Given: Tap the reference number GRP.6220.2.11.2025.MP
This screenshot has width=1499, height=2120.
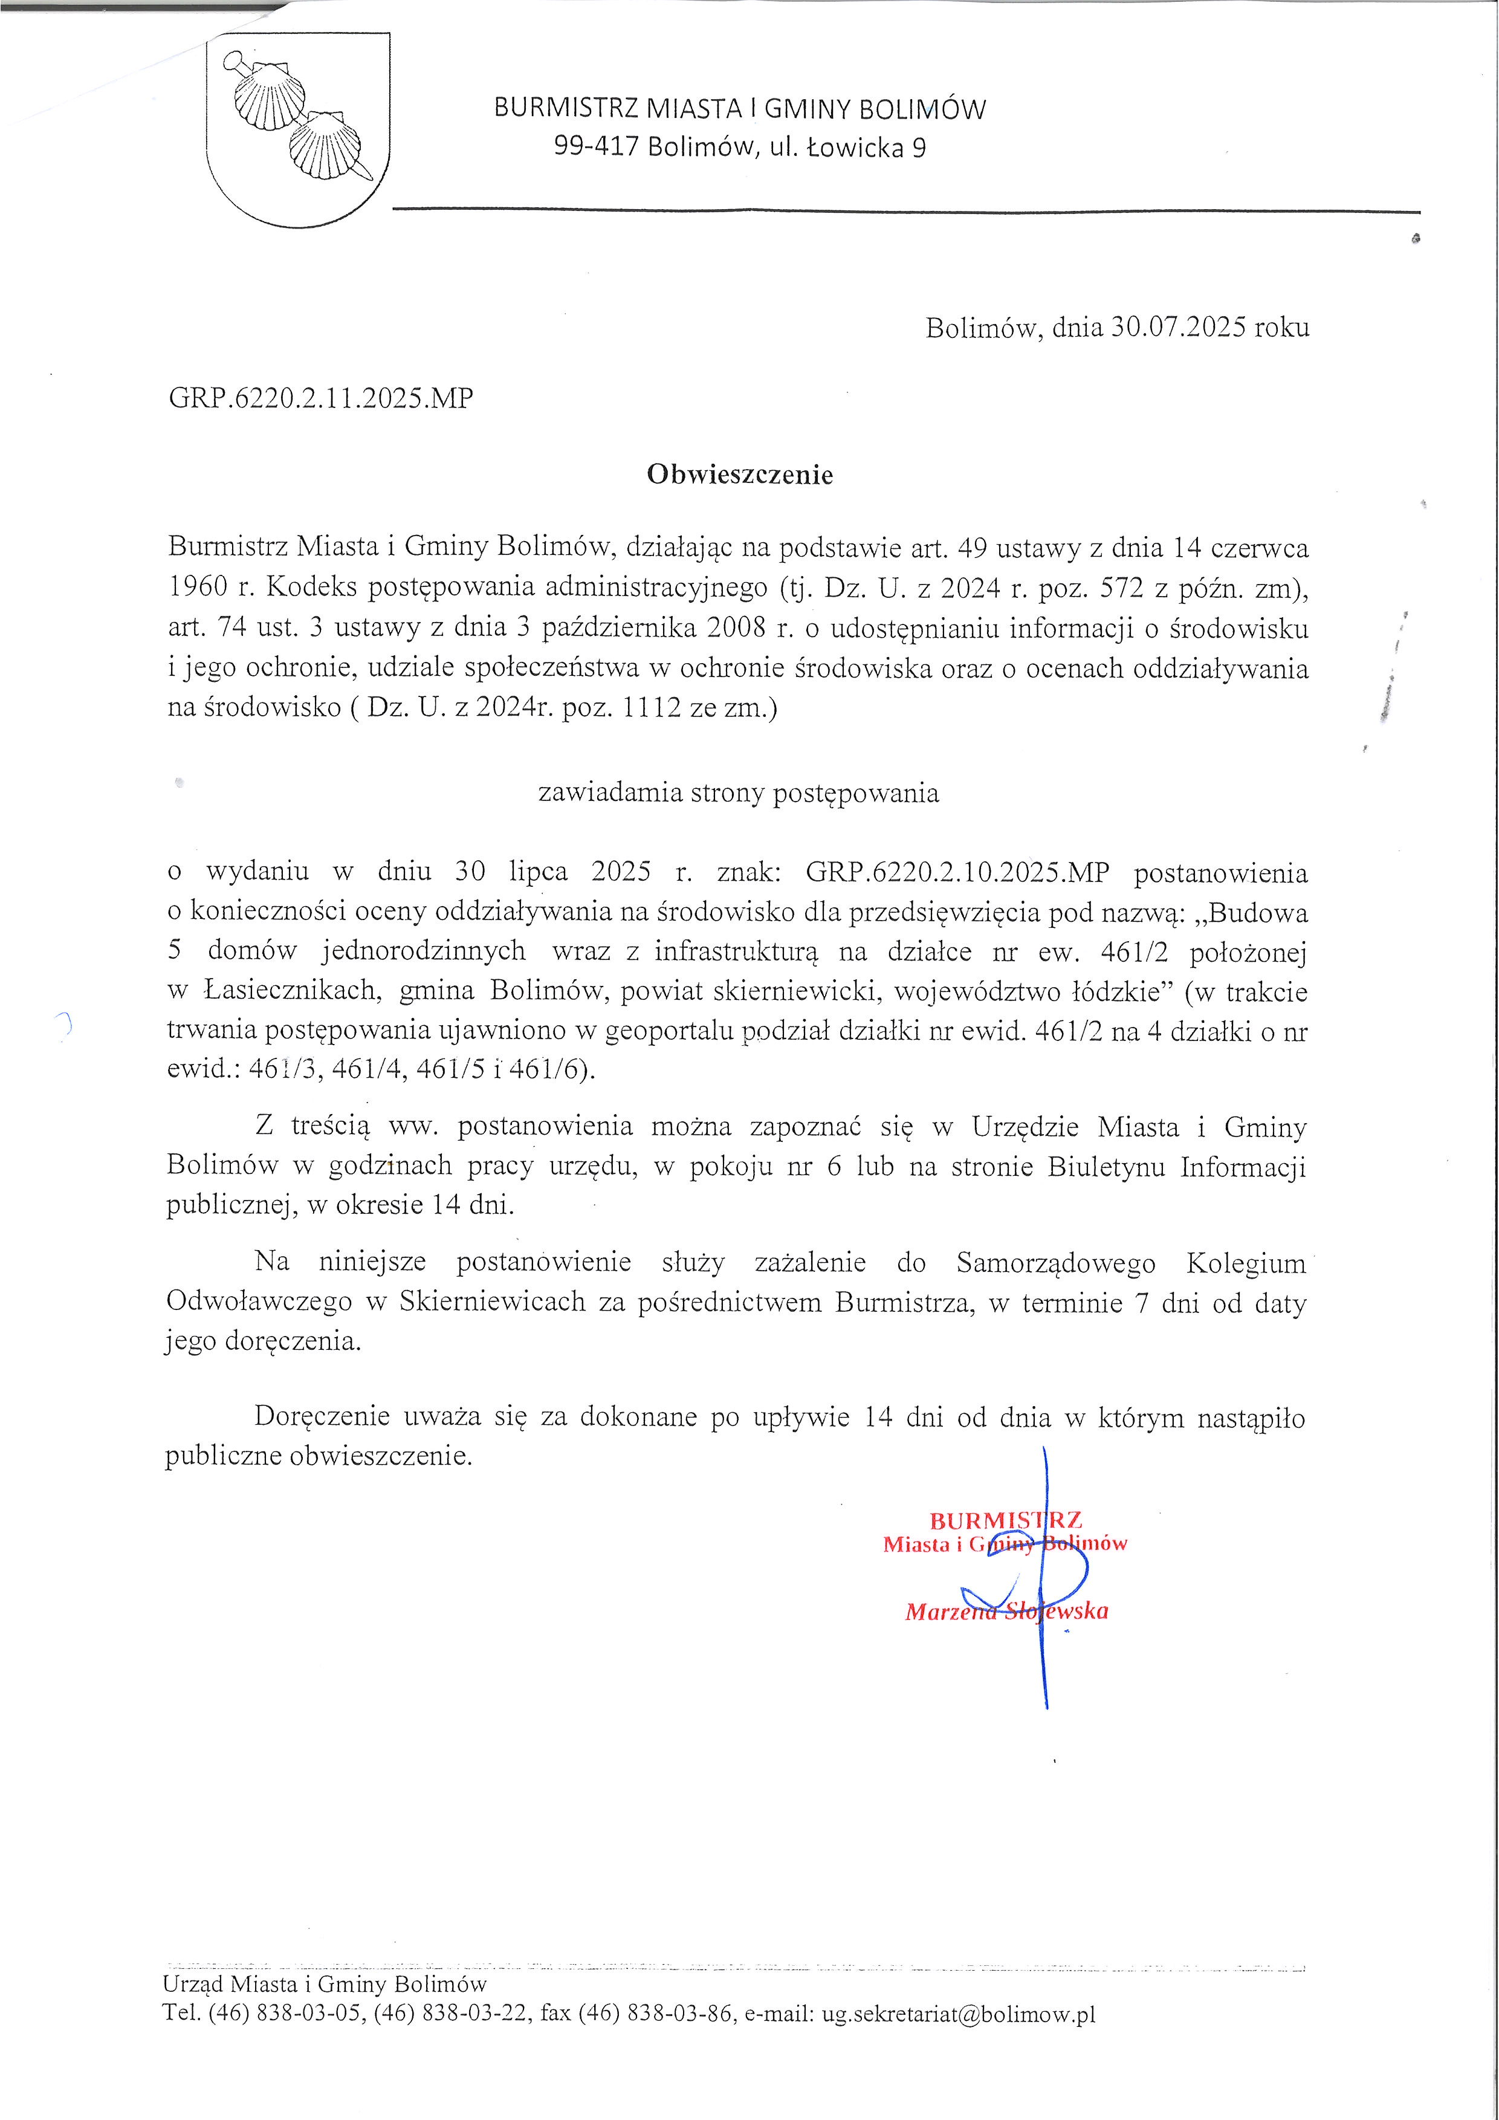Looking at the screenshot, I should tap(320, 398).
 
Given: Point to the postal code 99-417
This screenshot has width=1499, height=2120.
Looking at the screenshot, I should tap(595, 147).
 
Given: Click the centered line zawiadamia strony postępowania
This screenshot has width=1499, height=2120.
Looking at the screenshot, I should tap(739, 793).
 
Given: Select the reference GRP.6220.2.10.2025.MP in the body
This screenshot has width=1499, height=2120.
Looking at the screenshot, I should tap(957, 872).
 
